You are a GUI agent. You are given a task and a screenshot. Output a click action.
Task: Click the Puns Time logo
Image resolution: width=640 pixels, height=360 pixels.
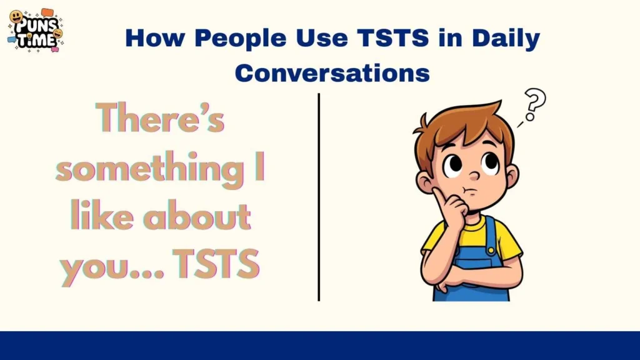pyautogui.click(x=36, y=30)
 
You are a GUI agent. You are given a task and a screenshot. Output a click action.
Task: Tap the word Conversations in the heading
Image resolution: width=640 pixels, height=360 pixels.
pyautogui.click(x=332, y=73)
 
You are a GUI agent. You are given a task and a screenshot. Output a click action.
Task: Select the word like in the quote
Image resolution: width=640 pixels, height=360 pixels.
pyautogui.click(x=100, y=217)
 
